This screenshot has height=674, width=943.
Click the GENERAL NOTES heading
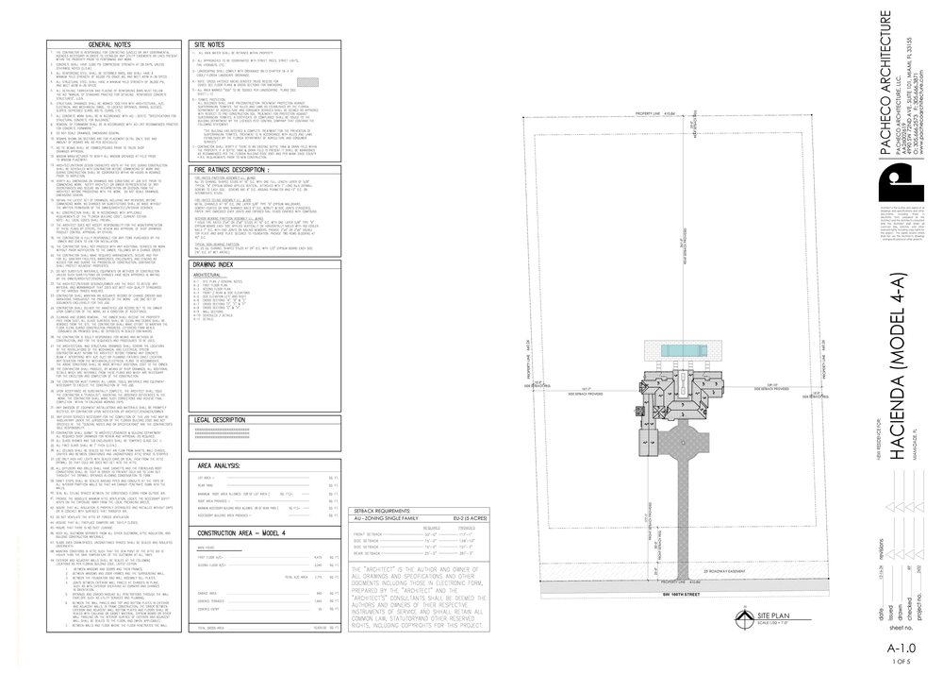[x=109, y=43]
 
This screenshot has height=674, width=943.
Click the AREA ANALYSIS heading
[x=218, y=466]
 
